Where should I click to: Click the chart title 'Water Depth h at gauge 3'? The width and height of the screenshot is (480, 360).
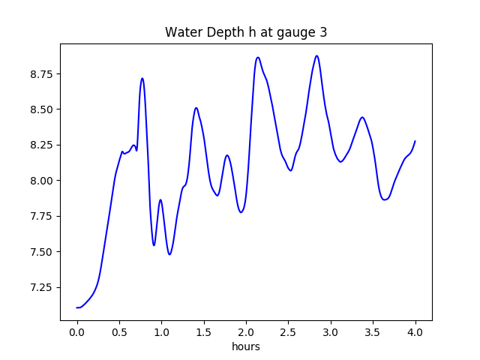pos(246,32)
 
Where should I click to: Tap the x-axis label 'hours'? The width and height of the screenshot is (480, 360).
pos(246,346)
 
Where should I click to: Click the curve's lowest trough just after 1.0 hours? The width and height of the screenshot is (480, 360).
pos(169,254)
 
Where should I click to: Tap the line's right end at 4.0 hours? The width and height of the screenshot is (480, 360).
pos(415,141)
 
